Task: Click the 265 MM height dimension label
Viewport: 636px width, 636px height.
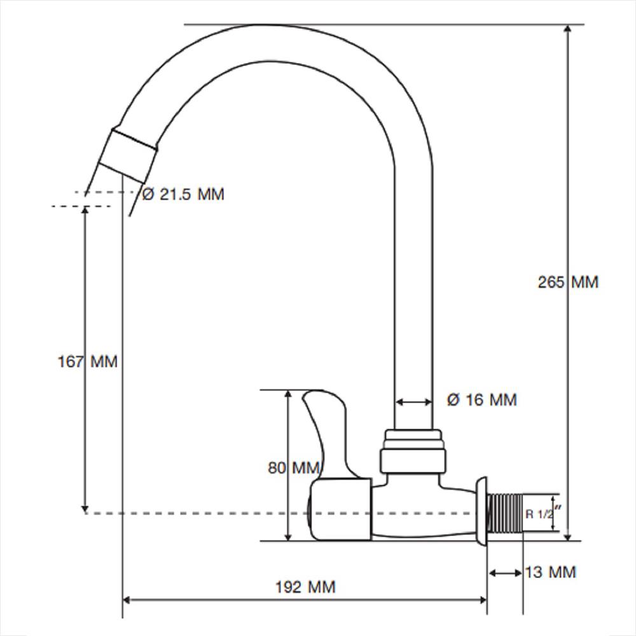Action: point(568,282)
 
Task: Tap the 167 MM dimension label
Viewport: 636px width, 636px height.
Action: point(88,361)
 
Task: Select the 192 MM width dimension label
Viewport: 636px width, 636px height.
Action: point(305,587)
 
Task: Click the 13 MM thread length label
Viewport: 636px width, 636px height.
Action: point(550,572)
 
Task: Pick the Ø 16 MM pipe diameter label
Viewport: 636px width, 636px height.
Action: point(482,400)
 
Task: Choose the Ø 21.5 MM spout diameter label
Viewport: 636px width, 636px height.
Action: point(183,194)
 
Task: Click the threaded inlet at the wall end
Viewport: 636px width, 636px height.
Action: point(505,513)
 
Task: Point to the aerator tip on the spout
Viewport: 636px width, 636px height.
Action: point(128,156)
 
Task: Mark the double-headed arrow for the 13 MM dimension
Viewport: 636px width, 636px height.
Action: point(506,573)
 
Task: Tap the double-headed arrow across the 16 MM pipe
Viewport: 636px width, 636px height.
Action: point(413,402)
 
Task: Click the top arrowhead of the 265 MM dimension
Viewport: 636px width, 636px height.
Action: point(568,29)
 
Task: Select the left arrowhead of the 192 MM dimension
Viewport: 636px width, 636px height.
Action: point(127,600)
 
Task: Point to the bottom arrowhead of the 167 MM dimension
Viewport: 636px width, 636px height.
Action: point(85,509)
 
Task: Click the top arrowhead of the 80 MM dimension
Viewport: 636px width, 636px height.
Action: point(288,395)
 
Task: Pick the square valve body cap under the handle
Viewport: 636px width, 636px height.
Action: point(341,509)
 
